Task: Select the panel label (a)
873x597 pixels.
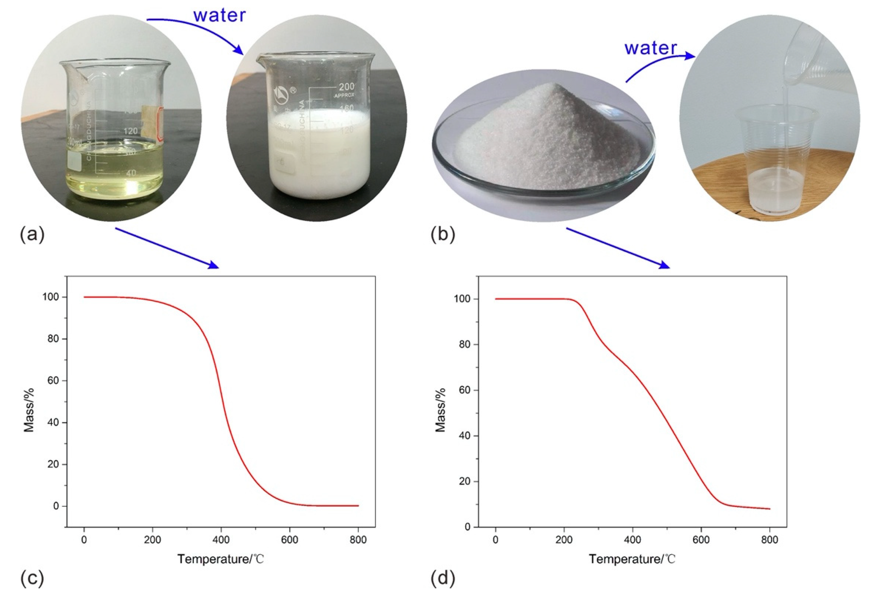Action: click(32, 235)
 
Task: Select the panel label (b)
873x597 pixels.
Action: click(443, 235)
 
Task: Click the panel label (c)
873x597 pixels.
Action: click(32, 578)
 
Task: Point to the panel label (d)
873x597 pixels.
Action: click(443, 578)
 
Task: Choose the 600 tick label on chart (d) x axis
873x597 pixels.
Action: click(701, 540)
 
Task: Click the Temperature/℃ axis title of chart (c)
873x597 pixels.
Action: click(221, 559)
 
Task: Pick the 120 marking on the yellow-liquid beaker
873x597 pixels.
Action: click(130, 131)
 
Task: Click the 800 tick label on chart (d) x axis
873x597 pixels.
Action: click(770, 540)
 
